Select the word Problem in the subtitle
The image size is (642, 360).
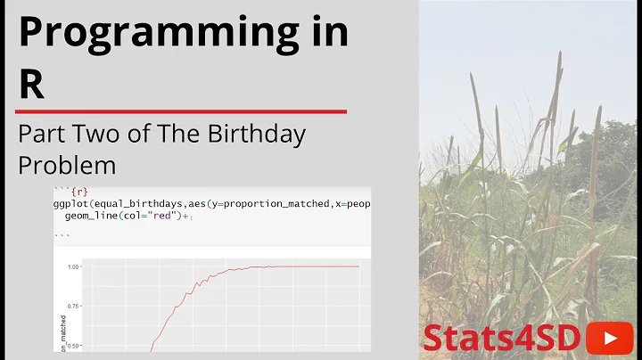tap(67, 165)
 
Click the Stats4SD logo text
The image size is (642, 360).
tap(502, 338)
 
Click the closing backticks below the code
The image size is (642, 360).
tap(62, 235)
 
